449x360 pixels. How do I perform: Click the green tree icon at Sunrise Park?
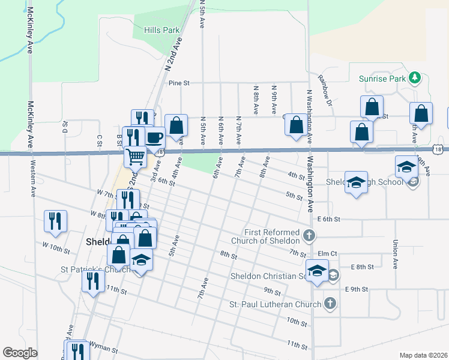coord(414,78)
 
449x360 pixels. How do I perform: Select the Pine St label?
coord(179,83)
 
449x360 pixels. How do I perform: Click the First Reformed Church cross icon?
coord(309,235)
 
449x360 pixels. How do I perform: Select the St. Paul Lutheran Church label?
coord(276,304)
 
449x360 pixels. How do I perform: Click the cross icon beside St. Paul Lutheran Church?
coord(330,304)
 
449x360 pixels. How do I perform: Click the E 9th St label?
coord(356,289)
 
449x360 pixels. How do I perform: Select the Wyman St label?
coord(105,346)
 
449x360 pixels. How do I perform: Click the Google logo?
coord(20,353)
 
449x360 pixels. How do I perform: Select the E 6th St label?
coord(329,220)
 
